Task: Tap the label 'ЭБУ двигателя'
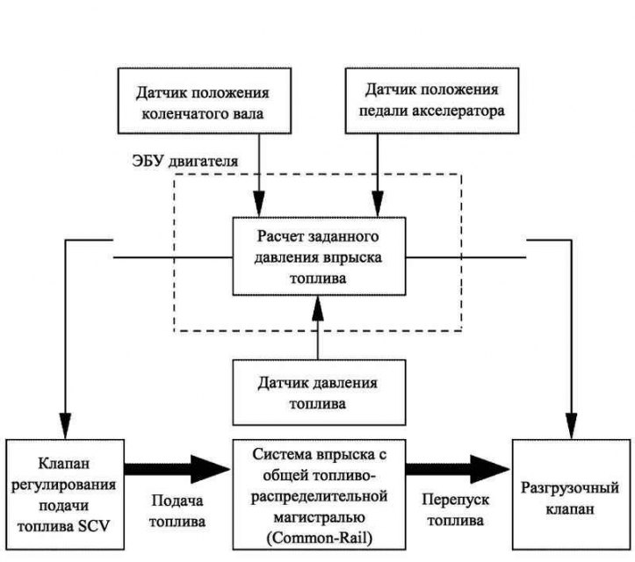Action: coord(185,162)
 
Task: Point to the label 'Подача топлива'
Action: coord(177,511)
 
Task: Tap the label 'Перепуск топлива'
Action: coord(456,510)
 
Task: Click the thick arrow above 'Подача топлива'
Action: coord(177,469)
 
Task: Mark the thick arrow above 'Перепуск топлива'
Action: coord(458,469)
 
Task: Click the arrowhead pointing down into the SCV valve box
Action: coord(65,426)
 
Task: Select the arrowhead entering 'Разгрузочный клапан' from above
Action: coord(572,426)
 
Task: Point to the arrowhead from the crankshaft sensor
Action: coord(259,204)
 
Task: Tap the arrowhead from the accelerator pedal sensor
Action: coord(378,204)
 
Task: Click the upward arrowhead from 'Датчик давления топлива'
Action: coord(318,309)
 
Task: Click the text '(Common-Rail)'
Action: coord(319,538)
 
